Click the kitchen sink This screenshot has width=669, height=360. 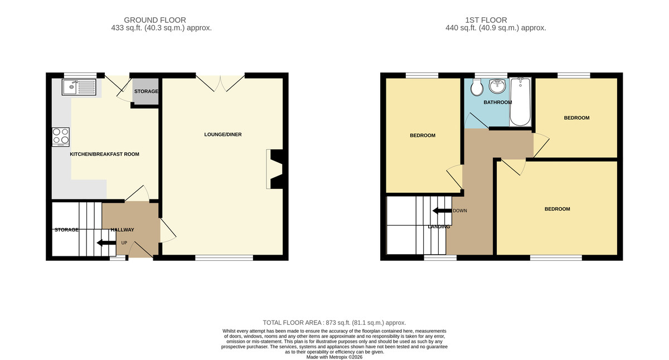tap(79, 87)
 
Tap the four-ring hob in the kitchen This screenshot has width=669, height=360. tap(61, 137)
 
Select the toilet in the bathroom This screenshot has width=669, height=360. tap(477, 87)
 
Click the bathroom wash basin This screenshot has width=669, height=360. tap(497, 86)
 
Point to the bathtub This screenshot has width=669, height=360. tap(520, 102)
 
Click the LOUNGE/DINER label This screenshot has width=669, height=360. tap(223, 135)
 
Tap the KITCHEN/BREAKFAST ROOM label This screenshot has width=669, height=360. tap(105, 154)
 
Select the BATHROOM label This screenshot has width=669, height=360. tap(497, 103)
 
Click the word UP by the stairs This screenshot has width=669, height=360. tap(124, 243)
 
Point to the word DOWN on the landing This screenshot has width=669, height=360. tap(460, 211)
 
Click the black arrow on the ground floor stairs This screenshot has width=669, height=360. tap(106, 242)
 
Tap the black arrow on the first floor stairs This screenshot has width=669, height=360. tap(442, 211)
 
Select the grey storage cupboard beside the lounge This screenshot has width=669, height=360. tap(146, 91)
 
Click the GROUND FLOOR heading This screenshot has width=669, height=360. tap(155, 20)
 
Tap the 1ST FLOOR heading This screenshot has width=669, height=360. tap(486, 20)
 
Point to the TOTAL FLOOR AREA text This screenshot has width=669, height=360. tap(334, 323)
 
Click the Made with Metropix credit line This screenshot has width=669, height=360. tap(334, 357)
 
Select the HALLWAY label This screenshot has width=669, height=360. tap(123, 230)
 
